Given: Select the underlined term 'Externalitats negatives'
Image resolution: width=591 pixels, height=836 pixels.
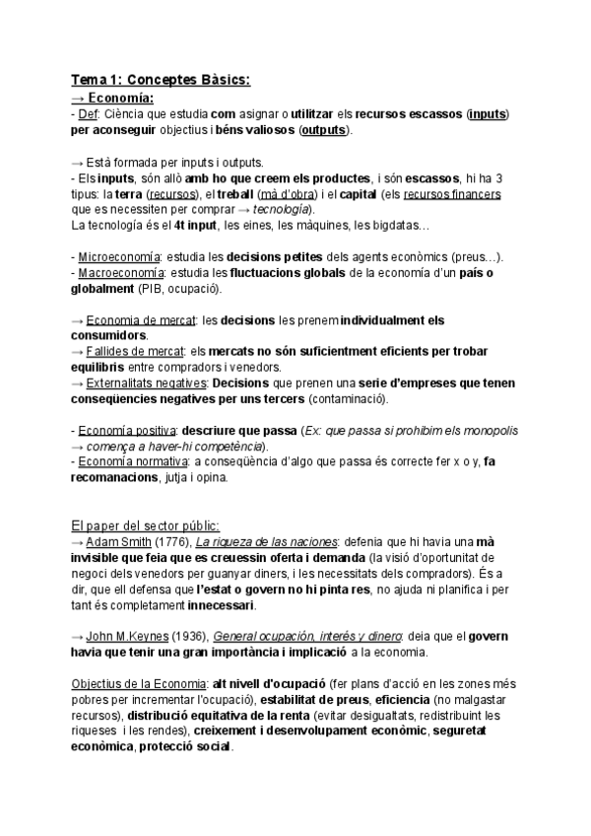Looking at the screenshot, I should coord(146,383).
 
